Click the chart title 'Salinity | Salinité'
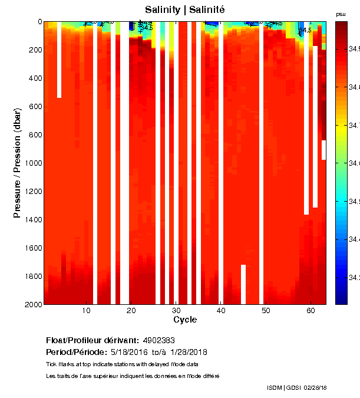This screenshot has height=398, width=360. (x=185, y=9)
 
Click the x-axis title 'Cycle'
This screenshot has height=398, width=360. (x=185, y=320)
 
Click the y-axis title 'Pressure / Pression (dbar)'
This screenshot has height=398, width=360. (x=17, y=163)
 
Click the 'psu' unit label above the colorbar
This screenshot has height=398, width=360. (x=341, y=14)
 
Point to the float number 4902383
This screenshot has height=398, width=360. (x=158, y=341)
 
